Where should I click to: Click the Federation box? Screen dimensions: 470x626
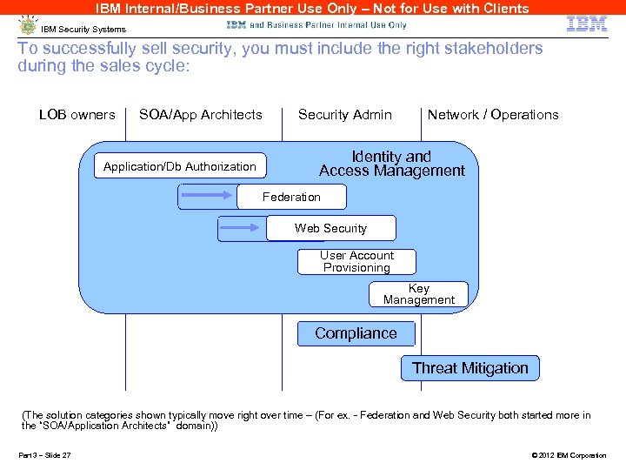[291, 198]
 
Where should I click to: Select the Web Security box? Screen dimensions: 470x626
[330, 228]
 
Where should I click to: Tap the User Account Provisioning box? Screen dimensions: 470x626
[356, 261]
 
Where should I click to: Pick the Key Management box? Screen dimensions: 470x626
[419, 294]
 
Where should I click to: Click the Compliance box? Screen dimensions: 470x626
[356, 333]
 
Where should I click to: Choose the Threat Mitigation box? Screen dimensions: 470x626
[469, 368]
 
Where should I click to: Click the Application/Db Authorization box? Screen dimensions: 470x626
[180, 166]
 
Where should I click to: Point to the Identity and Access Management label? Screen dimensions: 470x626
[391, 164]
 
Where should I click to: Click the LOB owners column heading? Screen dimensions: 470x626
[77, 115]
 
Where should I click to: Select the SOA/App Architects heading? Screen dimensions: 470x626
[201, 115]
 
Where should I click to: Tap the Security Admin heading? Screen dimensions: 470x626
[344, 115]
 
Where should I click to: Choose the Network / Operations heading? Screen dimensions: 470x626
[493, 115]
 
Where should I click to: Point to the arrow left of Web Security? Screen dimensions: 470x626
[242, 228]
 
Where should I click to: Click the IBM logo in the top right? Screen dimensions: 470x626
[587, 23]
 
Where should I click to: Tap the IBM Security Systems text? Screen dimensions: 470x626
[83, 30]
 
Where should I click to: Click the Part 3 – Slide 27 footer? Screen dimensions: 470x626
[45, 455]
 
